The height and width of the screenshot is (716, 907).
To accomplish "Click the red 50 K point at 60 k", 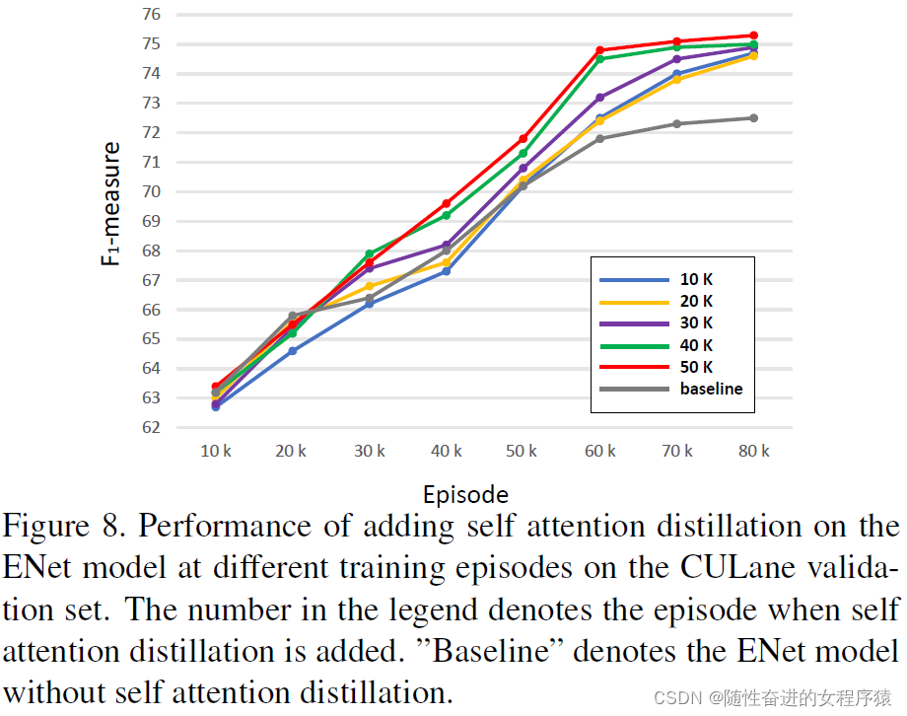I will pos(599,50).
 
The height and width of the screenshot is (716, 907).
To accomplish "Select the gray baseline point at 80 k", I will pos(754,118).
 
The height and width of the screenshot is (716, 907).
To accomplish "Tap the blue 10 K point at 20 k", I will pos(293,351).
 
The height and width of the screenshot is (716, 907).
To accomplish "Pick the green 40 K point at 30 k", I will pos(370,254).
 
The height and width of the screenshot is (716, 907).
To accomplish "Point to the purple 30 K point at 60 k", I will pos(599,98).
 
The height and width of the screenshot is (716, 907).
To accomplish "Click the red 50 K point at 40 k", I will pos(447,203).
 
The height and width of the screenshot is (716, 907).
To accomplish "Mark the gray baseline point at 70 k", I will pos(677,123).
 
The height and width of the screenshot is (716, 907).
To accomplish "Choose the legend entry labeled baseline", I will pos(711,389).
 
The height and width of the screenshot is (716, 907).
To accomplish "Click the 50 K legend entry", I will pos(696,367).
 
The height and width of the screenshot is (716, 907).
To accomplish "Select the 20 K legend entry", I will pos(696,301).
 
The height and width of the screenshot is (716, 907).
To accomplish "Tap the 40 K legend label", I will pos(696,345).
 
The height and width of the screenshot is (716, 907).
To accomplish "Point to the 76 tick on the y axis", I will pos(150,15).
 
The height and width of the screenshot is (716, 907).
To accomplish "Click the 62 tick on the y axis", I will pos(150,428).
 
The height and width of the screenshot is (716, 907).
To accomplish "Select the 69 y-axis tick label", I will pos(150,222).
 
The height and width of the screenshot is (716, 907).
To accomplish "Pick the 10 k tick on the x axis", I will pos(216,451).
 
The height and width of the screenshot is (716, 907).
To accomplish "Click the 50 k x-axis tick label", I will pos(523,451).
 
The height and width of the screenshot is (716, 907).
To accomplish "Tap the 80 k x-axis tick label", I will pos(754,451).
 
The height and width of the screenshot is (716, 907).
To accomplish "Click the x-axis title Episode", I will pos(465,494).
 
